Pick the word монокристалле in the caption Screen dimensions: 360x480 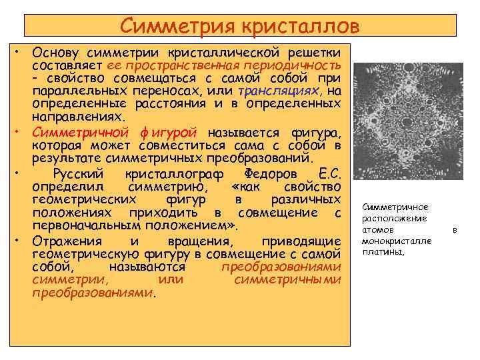[x=397, y=241]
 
